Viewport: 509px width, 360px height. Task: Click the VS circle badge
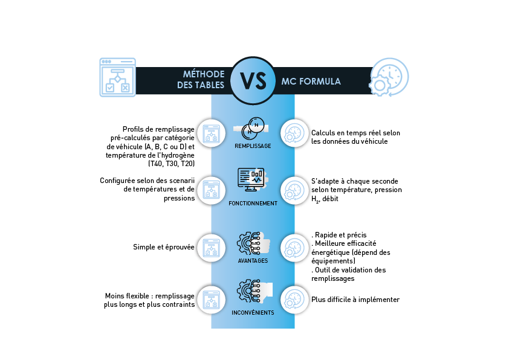[x=253, y=81]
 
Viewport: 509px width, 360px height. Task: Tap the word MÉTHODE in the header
[x=204, y=74]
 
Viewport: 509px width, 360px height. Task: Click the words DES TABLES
[x=201, y=86]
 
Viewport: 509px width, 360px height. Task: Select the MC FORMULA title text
[x=311, y=81]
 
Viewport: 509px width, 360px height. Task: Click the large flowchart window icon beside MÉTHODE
[x=117, y=77]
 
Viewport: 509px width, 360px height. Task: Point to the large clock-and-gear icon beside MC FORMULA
[x=389, y=77]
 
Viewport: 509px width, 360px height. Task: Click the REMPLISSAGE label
[x=253, y=146]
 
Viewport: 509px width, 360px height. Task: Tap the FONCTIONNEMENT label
[x=253, y=204]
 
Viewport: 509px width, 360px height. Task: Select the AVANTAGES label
[x=253, y=261]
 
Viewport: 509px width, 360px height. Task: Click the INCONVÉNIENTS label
[x=253, y=313]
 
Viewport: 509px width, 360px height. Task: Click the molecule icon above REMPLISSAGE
[x=252, y=128]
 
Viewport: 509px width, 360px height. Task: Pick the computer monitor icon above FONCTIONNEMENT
[x=251, y=179]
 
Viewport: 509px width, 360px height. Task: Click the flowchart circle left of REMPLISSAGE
[x=212, y=133]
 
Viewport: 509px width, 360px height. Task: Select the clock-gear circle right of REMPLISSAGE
[x=294, y=133]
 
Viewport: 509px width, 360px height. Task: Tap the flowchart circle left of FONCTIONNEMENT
[x=212, y=190]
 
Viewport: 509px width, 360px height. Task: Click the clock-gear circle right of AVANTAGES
[x=294, y=248]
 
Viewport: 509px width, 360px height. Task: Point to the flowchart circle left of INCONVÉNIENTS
[x=212, y=300]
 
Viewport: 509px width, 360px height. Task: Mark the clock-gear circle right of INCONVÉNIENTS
[x=294, y=300]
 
